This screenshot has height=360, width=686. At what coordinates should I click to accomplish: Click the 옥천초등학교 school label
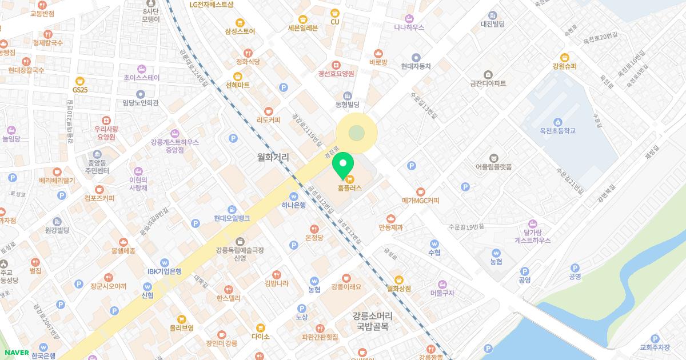pos(557,131)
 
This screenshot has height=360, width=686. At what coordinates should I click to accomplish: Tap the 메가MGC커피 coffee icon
pos(421,191)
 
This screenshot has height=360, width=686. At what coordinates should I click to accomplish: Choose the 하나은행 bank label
pos(294,205)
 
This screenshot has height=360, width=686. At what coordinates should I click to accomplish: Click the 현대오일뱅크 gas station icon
pos(232,209)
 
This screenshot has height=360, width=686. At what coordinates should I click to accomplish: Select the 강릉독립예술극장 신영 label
pos(240,254)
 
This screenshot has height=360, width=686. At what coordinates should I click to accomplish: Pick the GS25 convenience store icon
pos(79,81)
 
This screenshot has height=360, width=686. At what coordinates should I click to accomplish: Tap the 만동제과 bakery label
pos(391,227)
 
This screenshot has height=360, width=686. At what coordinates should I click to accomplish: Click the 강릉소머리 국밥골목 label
pos(371,322)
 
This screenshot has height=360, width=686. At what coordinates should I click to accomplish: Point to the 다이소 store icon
pos(261,328)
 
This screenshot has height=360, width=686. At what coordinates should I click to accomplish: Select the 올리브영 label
pos(182,328)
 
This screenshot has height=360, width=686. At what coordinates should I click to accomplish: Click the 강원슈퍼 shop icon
pos(564,57)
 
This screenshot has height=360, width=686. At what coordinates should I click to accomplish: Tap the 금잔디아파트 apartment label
pos(488,83)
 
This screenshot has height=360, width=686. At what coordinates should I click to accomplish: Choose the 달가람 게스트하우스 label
pos(533,236)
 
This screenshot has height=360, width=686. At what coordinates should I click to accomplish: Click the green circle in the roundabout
pos(356,134)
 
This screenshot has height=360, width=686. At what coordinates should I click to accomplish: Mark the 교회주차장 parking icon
pos(655,338)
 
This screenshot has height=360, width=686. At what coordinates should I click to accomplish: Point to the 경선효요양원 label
pos(336,74)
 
